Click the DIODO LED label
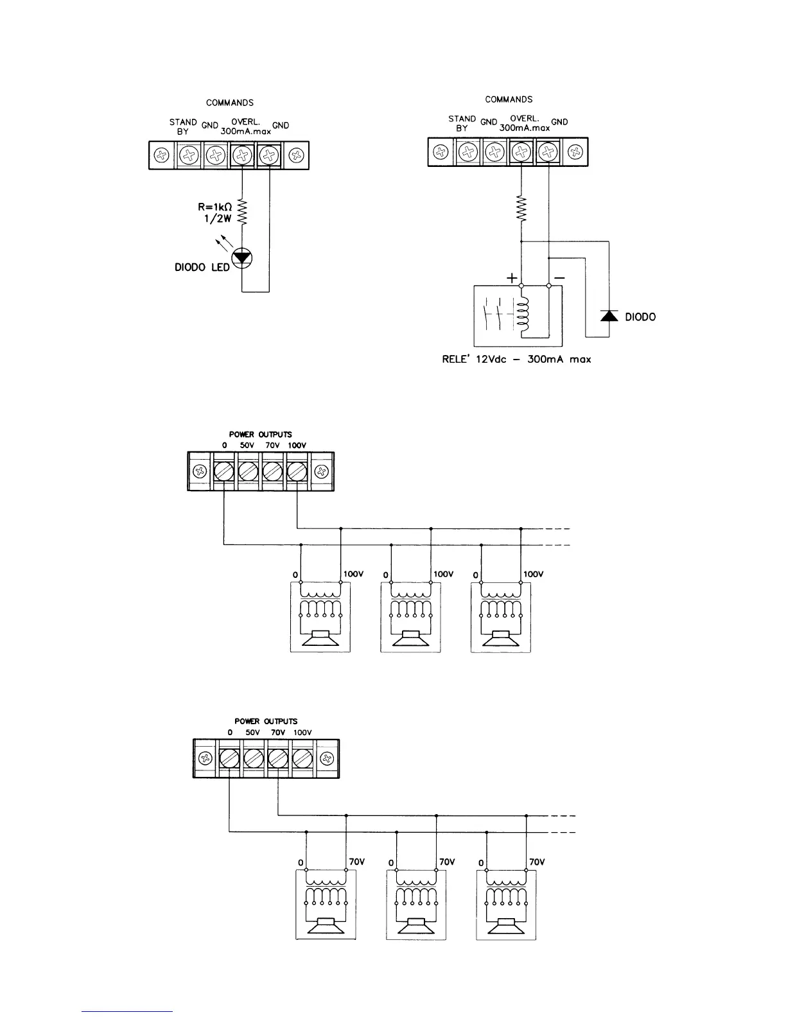click(x=202, y=267)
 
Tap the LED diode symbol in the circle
click(x=241, y=258)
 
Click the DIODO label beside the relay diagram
click(x=640, y=317)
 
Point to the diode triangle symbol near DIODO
click(x=609, y=315)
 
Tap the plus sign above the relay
click(x=512, y=279)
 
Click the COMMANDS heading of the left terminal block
click(x=229, y=103)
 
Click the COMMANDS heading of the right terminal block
click(x=509, y=100)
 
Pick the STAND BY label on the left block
click(x=183, y=126)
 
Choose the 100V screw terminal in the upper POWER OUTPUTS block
click(x=297, y=472)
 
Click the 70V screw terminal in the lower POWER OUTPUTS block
click(x=277, y=759)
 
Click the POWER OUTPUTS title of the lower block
click(x=266, y=721)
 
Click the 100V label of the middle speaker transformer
click(x=444, y=574)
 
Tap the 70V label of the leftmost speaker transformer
click(x=356, y=862)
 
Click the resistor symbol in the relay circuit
click(x=521, y=209)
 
